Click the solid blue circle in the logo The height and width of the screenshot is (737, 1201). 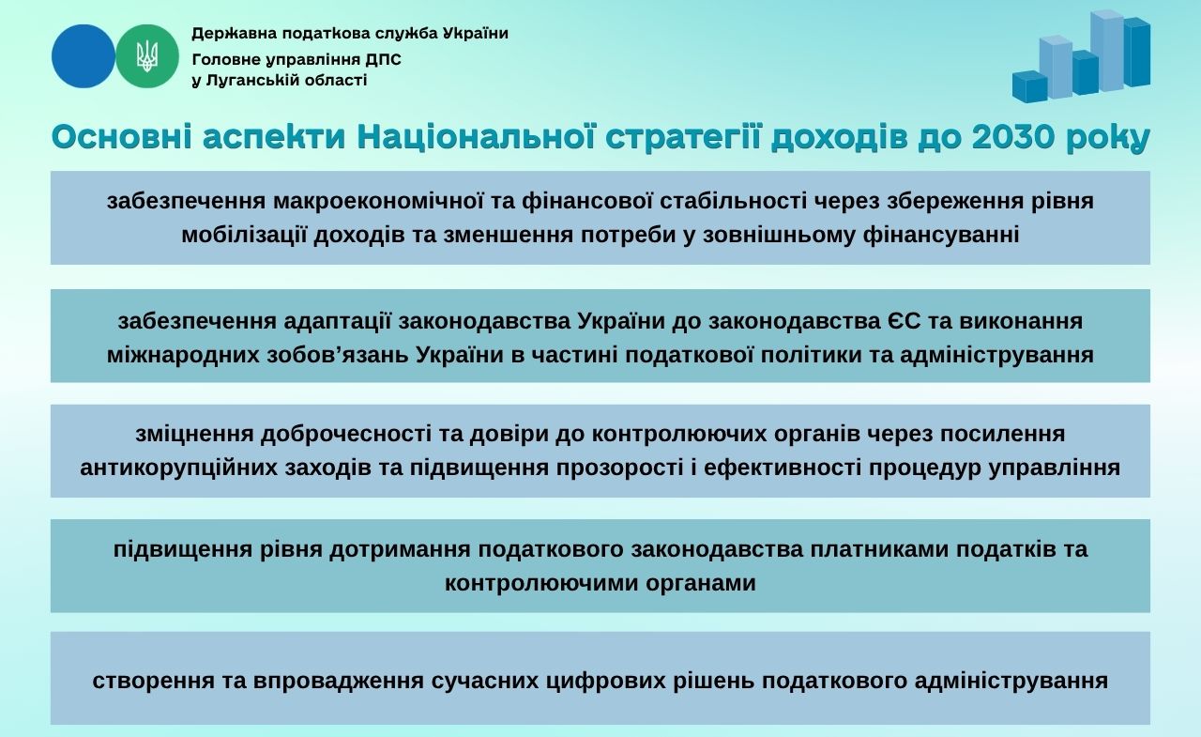tap(84, 56)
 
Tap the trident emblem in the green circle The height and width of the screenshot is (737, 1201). tap(147, 56)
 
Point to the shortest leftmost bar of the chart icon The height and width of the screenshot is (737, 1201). tap(1029, 86)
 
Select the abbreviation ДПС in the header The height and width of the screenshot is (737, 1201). tap(384, 59)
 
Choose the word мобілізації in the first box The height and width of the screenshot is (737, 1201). tap(244, 235)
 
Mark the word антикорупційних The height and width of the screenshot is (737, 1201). tap(178, 468)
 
